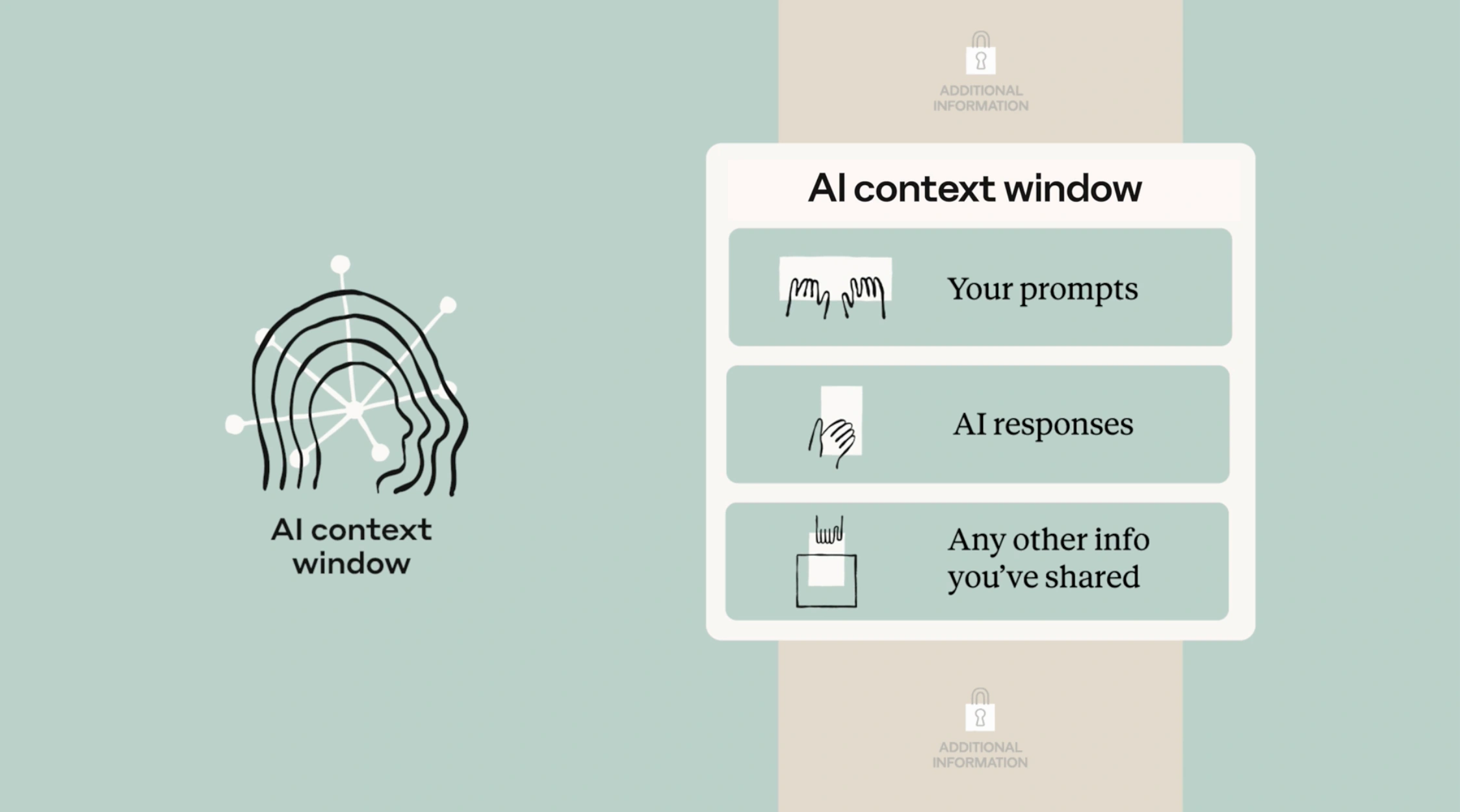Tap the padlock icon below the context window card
click(980, 709)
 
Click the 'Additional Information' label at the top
click(981, 98)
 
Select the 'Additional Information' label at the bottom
click(980, 755)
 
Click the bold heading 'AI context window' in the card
click(974, 188)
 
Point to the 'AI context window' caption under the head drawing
click(351, 546)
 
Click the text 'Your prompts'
click(1043, 289)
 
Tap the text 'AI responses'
click(1043, 424)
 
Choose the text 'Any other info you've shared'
click(1048, 558)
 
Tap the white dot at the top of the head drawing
click(340, 264)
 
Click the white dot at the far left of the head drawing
click(235, 424)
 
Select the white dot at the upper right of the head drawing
click(448, 305)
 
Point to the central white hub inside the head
click(354, 411)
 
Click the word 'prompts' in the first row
click(1078, 290)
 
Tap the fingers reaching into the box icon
click(829, 529)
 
